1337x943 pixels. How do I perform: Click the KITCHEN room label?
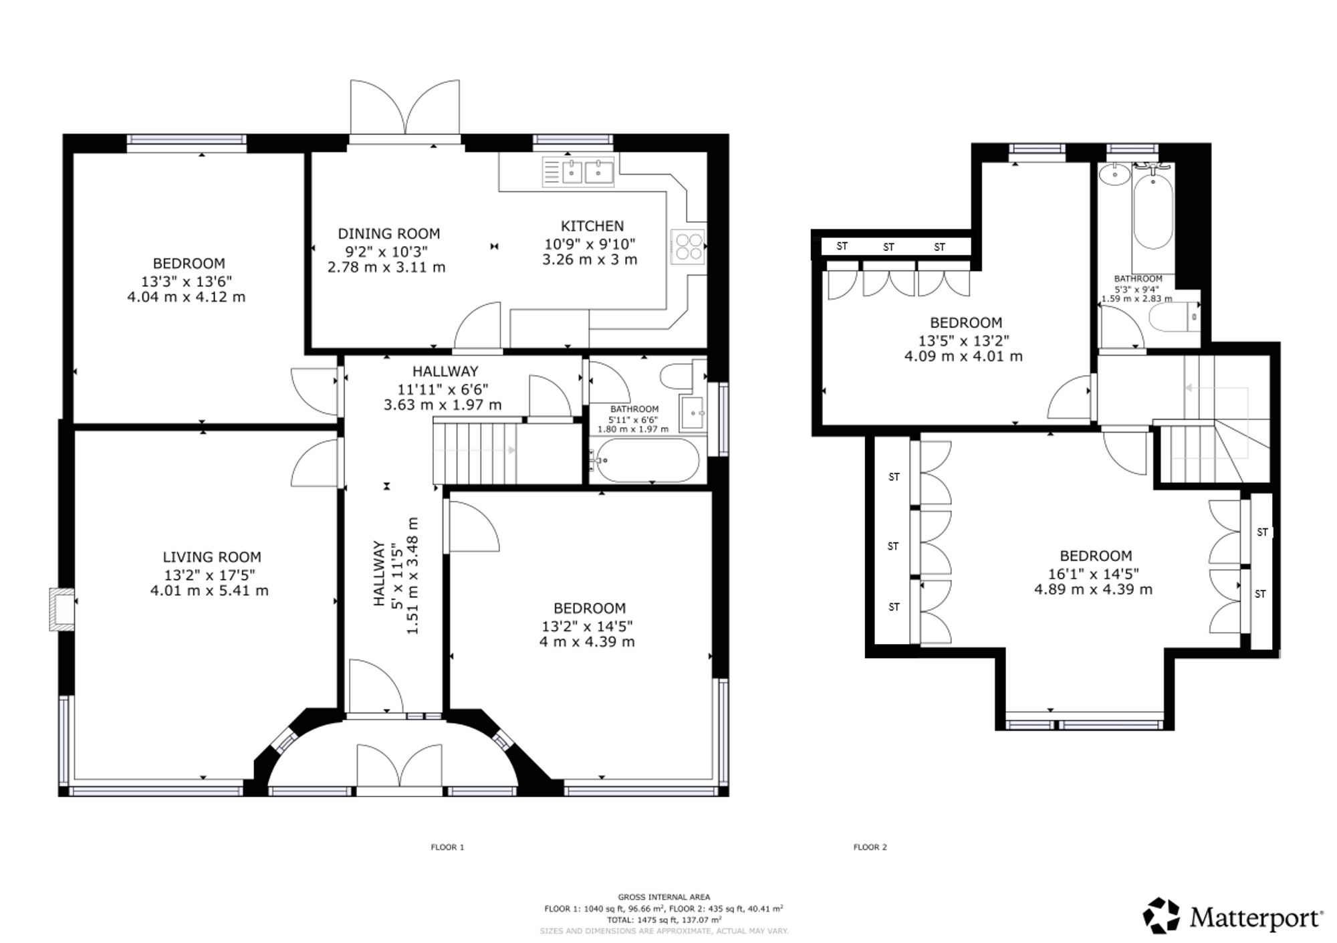(592, 226)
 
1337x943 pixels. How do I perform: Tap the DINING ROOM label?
(388, 234)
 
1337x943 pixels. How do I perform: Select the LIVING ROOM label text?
(212, 557)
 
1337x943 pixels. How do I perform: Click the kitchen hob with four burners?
(688, 246)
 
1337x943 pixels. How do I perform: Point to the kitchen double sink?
(578, 171)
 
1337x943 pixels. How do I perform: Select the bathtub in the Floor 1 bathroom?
(646, 460)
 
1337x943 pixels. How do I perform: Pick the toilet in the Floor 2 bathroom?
(1175, 318)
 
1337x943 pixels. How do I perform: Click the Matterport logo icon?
(1161, 916)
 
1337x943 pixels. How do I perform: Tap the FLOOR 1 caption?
(447, 847)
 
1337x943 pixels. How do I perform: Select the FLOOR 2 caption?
(870, 847)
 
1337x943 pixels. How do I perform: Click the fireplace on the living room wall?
(62, 609)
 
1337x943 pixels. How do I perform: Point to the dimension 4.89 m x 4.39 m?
(1094, 590)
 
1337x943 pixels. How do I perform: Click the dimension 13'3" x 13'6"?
(187, 281)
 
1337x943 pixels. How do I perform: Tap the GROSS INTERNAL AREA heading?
(664, 898)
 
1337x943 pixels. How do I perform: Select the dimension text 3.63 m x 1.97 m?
(443, 405)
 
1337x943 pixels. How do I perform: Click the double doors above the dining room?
(405, 108)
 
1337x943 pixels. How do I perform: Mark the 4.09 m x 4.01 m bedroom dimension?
(963, 356)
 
